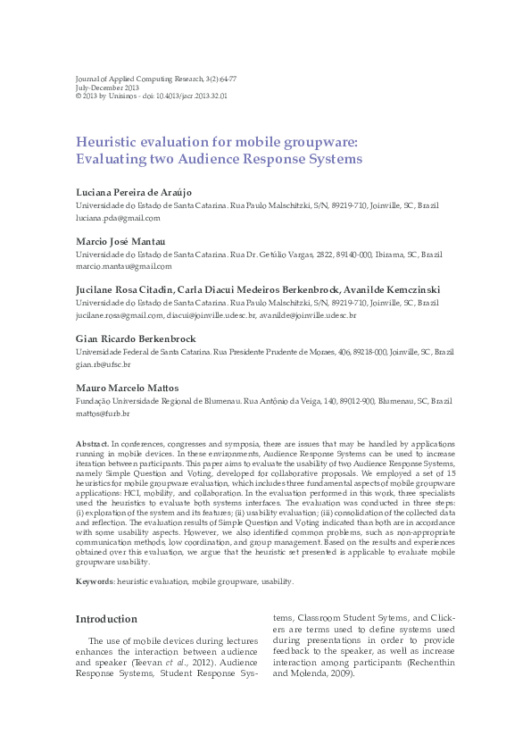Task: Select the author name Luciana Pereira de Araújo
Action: pos(133,193)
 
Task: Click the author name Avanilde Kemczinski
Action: pos(390,291)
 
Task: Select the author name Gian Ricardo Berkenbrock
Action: pos(135,340)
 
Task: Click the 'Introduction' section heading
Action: pos(106,619)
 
